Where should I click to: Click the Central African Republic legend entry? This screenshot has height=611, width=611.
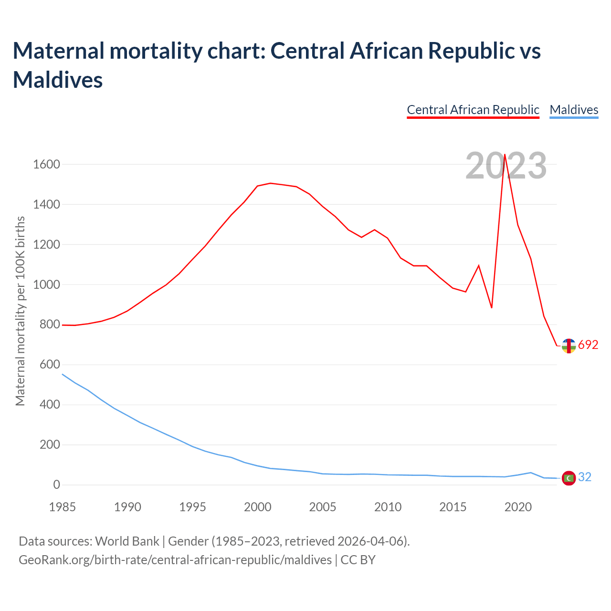point(473,110)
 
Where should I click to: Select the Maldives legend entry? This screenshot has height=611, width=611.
point(574,110)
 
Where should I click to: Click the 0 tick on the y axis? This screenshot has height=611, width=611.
point(56,485)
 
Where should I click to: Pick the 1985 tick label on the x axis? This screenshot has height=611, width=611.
point(62,507)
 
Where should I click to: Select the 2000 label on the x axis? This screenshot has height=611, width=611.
point(257,507)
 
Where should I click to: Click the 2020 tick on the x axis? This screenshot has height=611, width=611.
point(518,507)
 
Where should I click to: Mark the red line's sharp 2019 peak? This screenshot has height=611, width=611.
point(505,154)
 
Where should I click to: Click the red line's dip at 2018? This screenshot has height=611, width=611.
point(492,307)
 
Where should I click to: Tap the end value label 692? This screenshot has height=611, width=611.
point(588,345)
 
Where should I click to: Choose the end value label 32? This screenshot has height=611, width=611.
point(585,477)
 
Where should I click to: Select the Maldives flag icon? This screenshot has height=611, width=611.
point(569,478)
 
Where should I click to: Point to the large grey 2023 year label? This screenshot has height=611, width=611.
point(506,166)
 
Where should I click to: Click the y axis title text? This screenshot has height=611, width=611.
point(20,311)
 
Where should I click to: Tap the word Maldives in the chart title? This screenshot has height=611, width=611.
point(58,80)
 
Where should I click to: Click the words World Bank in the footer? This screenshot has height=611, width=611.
point(127,541)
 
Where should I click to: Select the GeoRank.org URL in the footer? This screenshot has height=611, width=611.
point(175,560)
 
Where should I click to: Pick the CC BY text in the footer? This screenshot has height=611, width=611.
point(358,560)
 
